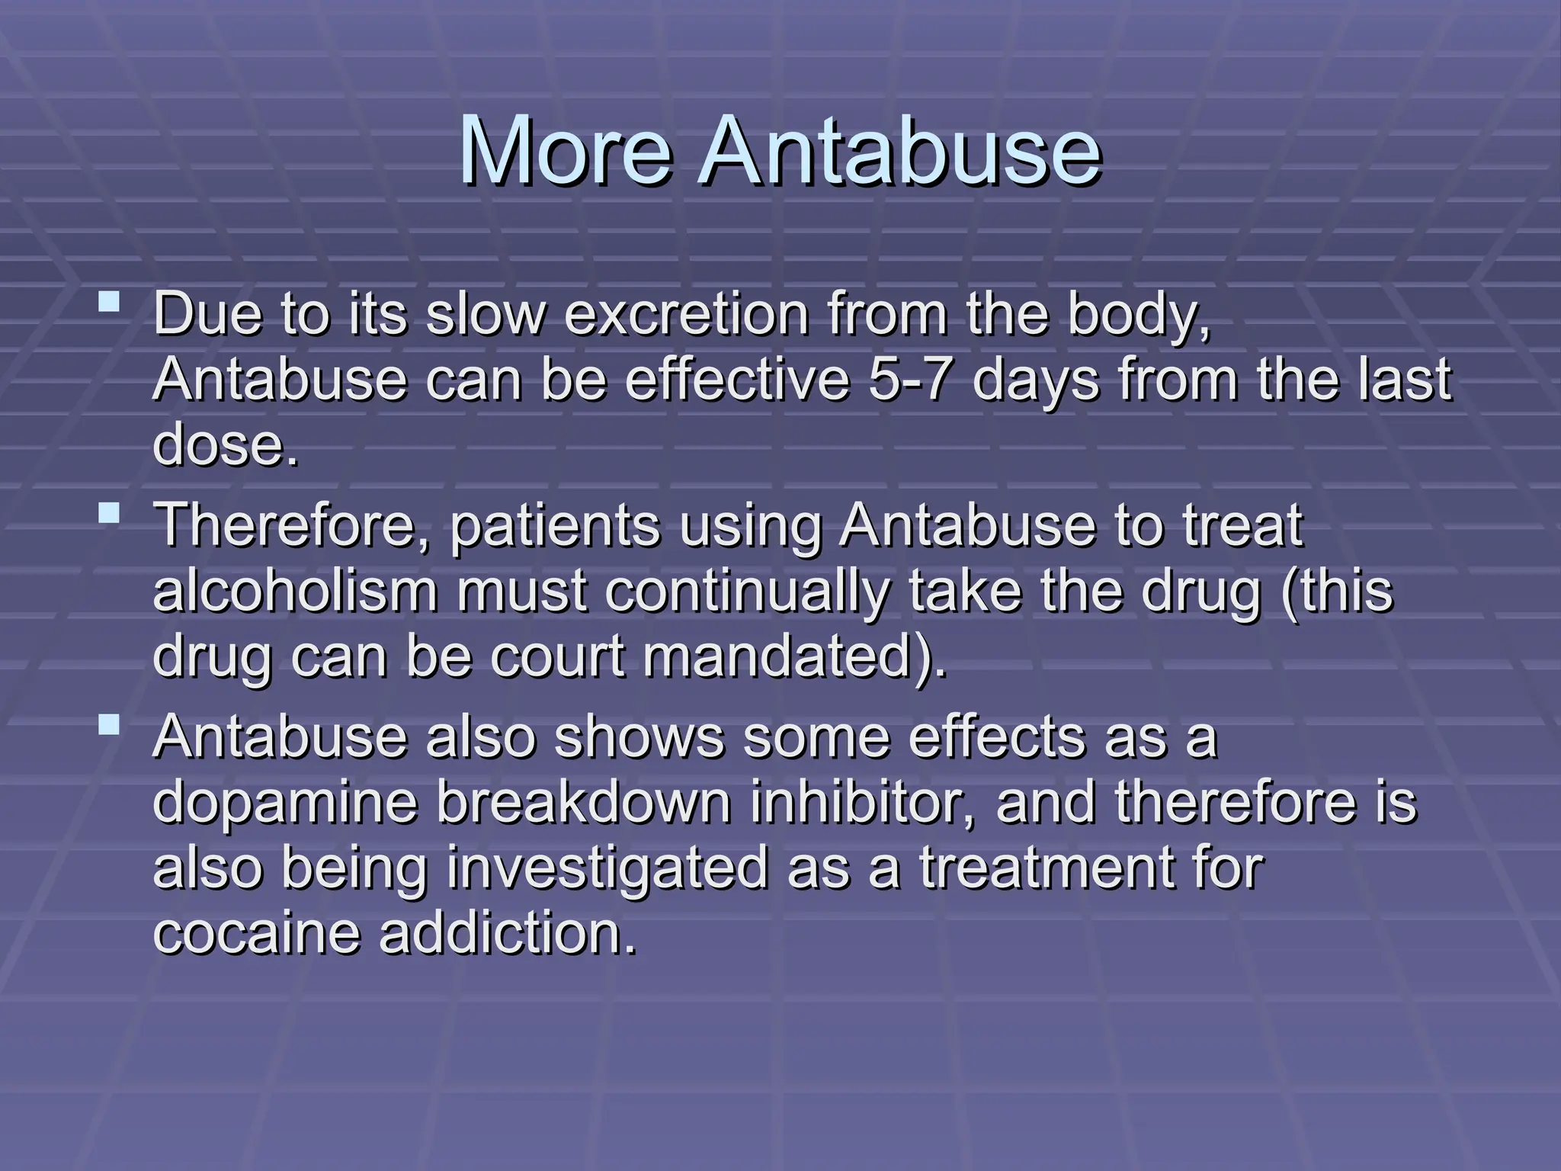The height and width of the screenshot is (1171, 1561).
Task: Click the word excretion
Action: (x=686, y=314)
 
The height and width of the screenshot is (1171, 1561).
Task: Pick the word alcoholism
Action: (x=296, y=591)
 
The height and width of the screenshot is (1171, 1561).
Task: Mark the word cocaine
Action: (x=256, y=932)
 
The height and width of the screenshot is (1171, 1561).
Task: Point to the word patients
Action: (x=555, y=526)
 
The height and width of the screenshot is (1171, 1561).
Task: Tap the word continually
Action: (x=748, y=591)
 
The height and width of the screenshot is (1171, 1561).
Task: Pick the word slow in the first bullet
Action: (x=485, y=314)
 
